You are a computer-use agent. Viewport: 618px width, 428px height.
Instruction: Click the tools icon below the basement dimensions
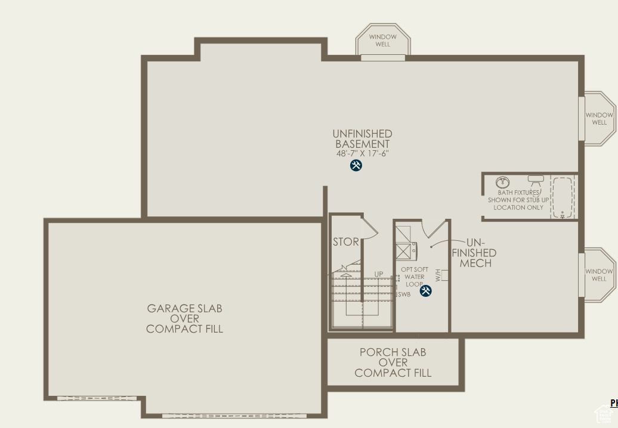(356, 166)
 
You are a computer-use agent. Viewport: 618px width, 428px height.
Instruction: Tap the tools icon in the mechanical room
(426, 291)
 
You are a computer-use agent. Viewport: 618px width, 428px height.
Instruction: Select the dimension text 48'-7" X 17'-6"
(362, 153)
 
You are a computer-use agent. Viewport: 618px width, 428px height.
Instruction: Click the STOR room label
(346, 242)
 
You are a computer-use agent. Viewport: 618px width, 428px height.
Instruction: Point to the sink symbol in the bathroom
(503, 181)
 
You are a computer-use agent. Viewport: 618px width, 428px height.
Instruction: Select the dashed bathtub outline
(562, 197)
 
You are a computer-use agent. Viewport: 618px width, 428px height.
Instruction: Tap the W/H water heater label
(438, 275)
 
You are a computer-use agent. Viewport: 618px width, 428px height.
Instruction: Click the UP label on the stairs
(379, 274)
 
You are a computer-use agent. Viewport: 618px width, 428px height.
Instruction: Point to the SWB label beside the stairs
(404, 294)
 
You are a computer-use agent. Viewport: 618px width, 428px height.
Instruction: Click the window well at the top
(383, 41)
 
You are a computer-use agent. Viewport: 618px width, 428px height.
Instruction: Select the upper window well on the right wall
(599, 119)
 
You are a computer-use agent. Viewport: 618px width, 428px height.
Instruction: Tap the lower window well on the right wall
(599, 275)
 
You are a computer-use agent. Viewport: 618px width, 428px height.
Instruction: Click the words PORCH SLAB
(393, 352)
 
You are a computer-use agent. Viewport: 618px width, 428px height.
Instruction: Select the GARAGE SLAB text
(184, 308)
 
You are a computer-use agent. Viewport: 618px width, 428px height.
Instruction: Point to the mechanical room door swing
(434, 228)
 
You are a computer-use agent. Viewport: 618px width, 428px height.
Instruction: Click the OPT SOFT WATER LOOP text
(415, 277)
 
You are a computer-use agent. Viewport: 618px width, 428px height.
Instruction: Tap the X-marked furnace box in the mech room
(403, 252)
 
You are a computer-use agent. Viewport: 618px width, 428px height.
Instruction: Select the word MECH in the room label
(475, 263)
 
